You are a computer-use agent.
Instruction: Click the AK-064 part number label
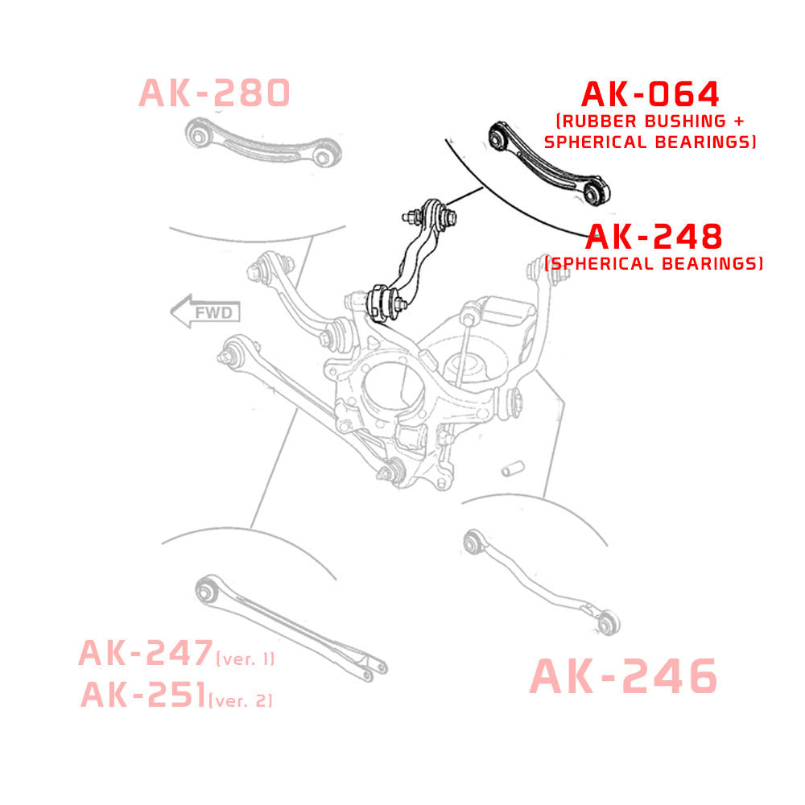point(650,95)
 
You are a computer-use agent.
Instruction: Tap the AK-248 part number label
point(654,237)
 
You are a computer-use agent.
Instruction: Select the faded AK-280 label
point(214,93)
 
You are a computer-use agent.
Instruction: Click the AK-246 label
point(623,676)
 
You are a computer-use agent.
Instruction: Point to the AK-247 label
point(145,654)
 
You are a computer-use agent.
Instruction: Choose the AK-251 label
point(143,694)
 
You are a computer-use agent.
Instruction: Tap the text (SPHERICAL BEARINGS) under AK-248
point(654,264)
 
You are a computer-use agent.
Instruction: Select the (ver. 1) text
point(246,659)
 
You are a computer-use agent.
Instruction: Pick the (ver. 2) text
point(241,700)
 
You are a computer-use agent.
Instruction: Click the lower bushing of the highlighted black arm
point(382,303)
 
